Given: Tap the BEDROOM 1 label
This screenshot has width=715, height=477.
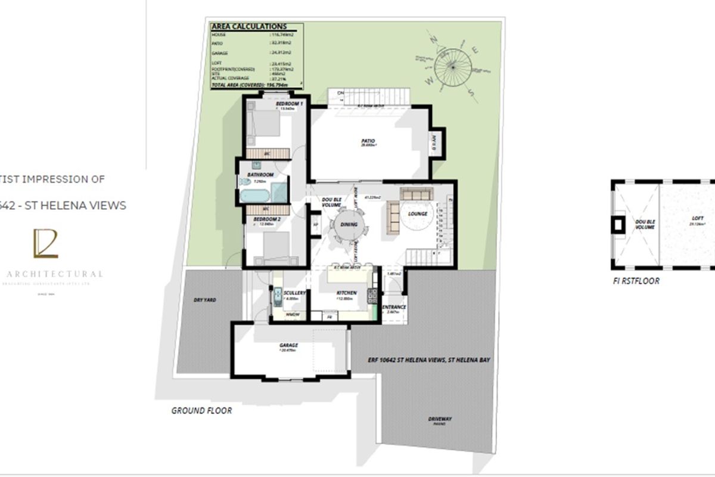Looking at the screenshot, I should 289,104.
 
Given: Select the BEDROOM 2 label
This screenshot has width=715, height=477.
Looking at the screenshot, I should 263,219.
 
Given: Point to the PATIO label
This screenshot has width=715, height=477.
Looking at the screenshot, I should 368,141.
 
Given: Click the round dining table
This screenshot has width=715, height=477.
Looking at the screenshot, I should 348,225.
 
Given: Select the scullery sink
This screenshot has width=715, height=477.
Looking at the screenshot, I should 278,297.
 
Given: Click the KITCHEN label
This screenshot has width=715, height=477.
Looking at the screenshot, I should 346,293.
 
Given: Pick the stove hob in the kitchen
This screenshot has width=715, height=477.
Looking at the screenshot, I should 373,293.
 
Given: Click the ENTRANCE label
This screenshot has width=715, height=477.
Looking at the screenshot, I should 393,307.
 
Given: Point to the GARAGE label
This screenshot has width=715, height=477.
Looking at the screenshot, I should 288,345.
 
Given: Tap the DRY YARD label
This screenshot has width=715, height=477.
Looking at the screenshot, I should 205,300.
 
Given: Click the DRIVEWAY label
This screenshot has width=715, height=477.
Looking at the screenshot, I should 439,419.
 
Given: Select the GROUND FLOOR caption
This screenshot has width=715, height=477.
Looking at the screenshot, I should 201,410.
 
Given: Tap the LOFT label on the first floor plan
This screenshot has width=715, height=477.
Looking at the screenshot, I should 698,218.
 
